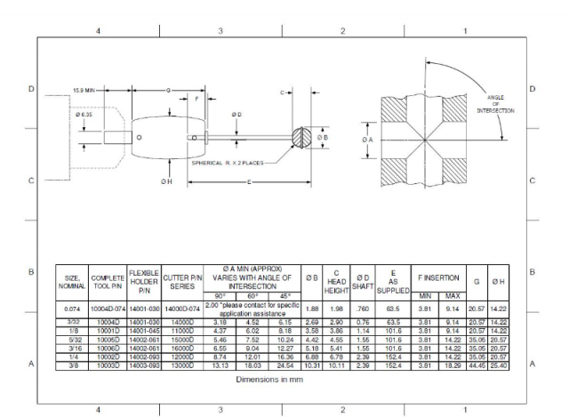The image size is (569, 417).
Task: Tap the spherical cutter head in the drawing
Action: pyautogui.click(x=302, y=138)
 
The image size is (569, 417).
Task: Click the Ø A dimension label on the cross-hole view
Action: pyautogui.click(x=367, y=140)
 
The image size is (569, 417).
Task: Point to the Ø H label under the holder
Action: pyautogui.click(x=166, y=181)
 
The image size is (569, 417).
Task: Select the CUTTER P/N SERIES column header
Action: pyautogui.click(x=182, y=282)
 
